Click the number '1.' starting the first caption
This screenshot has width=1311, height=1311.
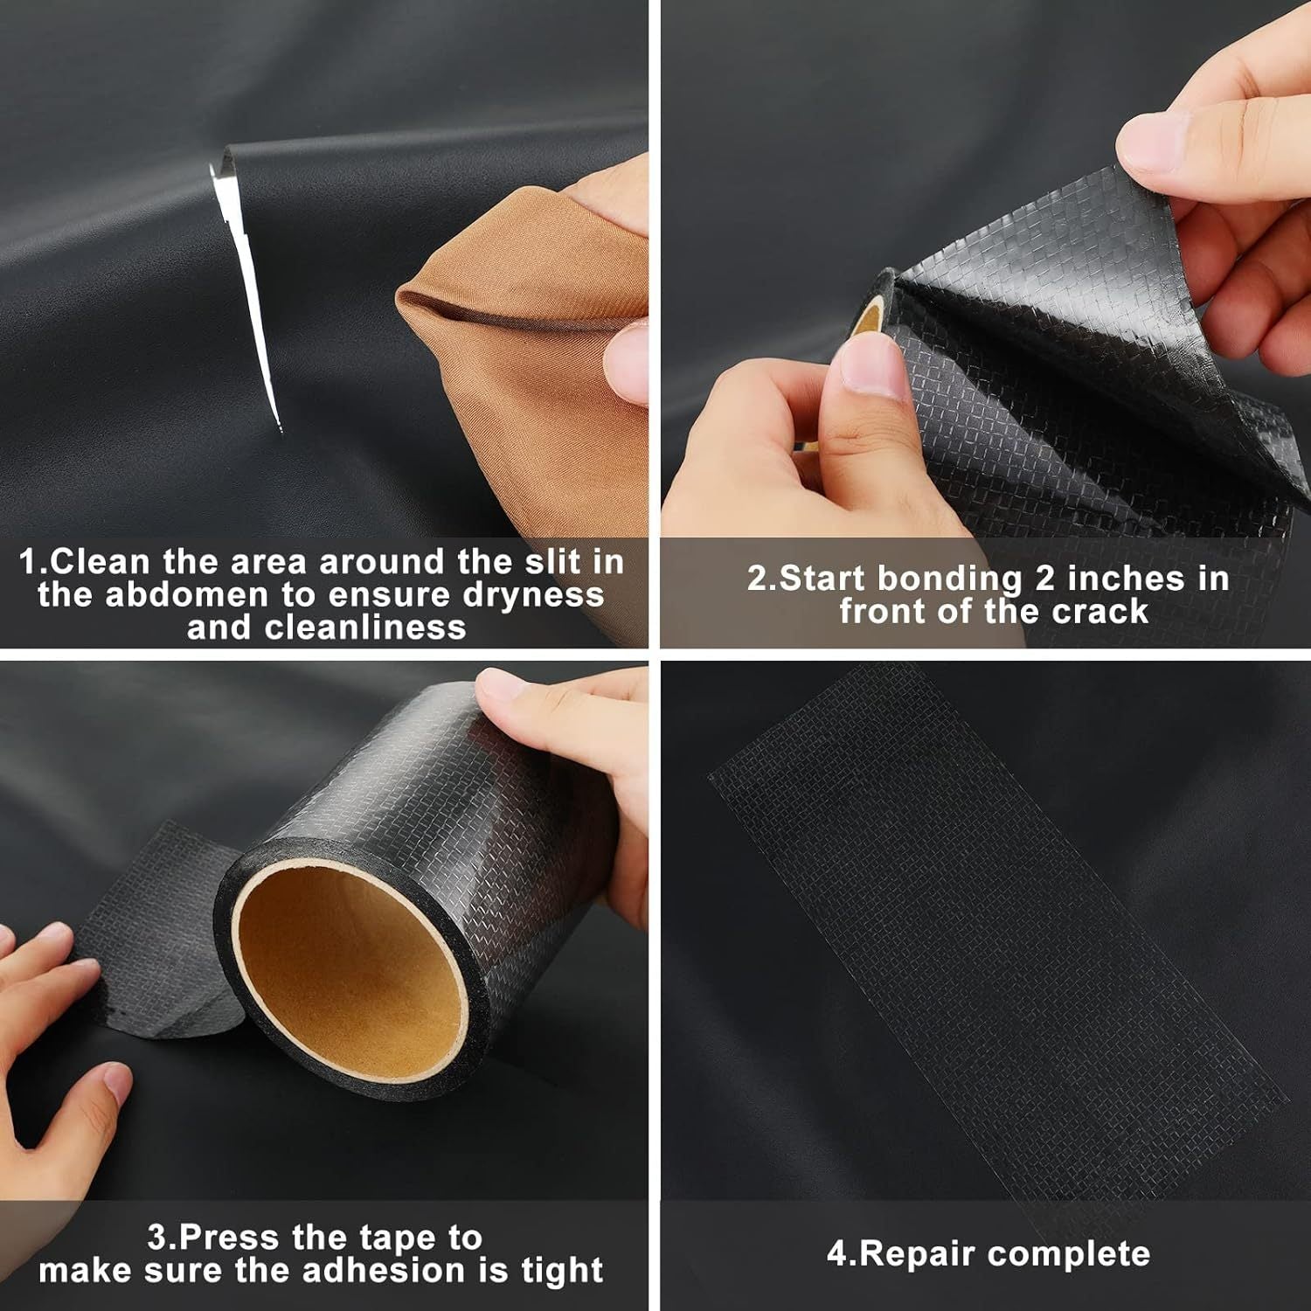pyautogui.click(x=33, y=562)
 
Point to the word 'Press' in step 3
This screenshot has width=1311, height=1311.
pyautogui.click(x=230, y=1238)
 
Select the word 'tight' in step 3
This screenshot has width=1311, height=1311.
pyautogui.click(x=562, y=1270)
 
